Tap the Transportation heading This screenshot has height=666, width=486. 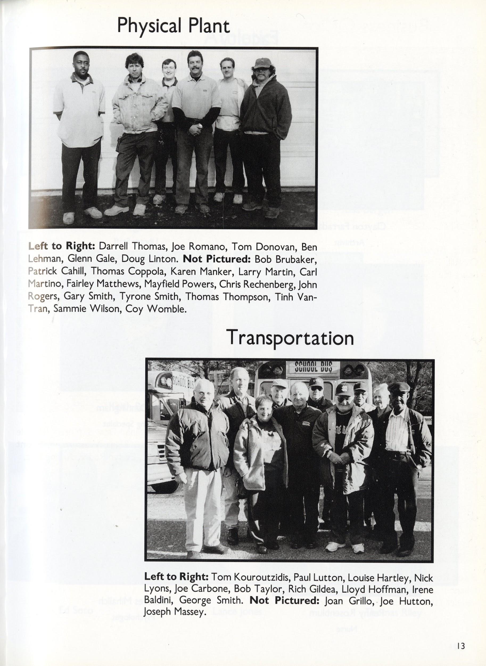pyautogui.click(x=290, y=339)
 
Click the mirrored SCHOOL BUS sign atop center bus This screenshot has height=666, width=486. pyautogui.click(x=314, y=367)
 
